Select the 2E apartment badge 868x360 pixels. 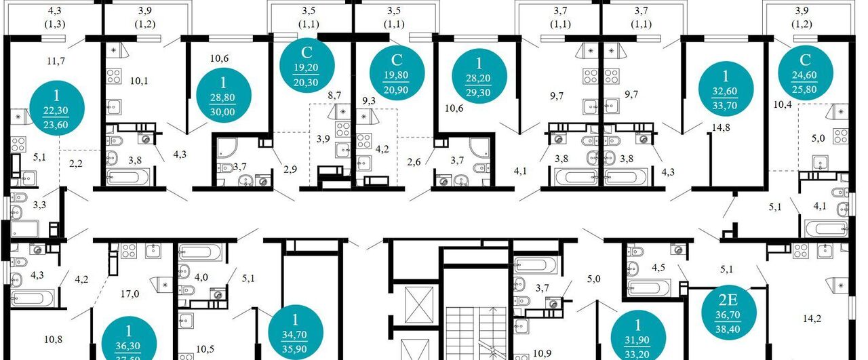(x=729, y=313)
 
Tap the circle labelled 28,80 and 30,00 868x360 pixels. (x=223, y=95)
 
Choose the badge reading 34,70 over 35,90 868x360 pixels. (x=295, y=332)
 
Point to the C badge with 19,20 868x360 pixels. (x=307, y=65)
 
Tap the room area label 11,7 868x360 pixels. (x=56, y=61)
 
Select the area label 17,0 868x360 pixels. (x=130, y=294)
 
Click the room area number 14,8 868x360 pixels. (x=721, y=127)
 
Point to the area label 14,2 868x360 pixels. (x=812, y=319)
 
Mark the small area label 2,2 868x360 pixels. (x=76, y=163)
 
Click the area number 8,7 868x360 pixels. (x=334, y=96)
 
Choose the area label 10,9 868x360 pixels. (x=542, y=353)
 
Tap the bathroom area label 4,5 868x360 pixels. (x=658, y=267)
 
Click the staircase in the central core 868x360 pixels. (x=475, y=334)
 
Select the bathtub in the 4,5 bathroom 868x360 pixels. (x=649, y=288)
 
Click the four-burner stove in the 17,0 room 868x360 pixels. (x=129, y=251)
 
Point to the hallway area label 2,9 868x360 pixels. (x=290, y=169)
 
